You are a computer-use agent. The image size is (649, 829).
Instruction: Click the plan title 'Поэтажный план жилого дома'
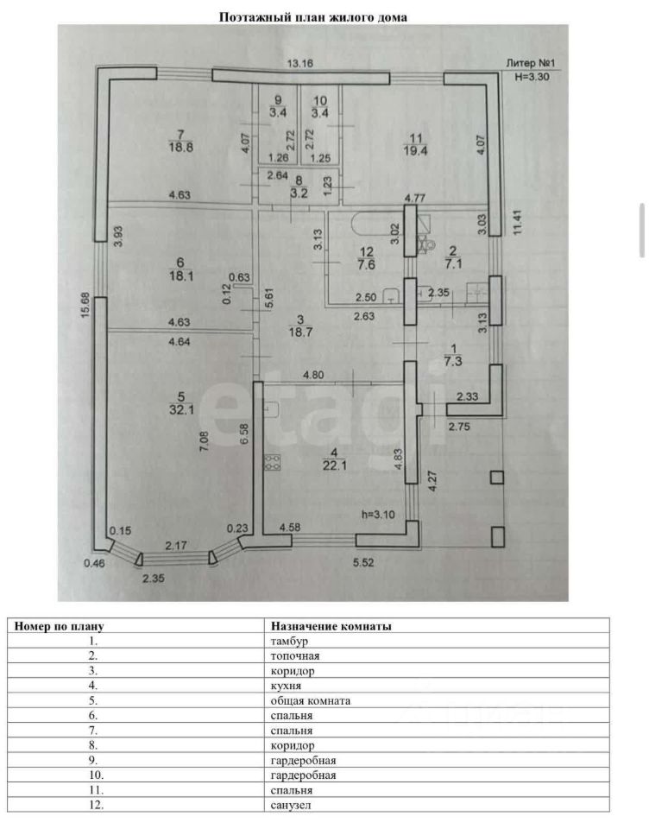tap(312, 16)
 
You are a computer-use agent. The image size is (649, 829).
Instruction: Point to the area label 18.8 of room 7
tap(180, 148)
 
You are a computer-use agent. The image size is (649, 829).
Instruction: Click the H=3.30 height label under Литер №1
tap(532, 76)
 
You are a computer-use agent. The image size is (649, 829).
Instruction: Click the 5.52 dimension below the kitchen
tap(364, 563)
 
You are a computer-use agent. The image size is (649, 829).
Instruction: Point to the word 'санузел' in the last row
tap(291, 805)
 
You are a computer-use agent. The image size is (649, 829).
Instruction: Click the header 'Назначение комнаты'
tap(331, 626)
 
